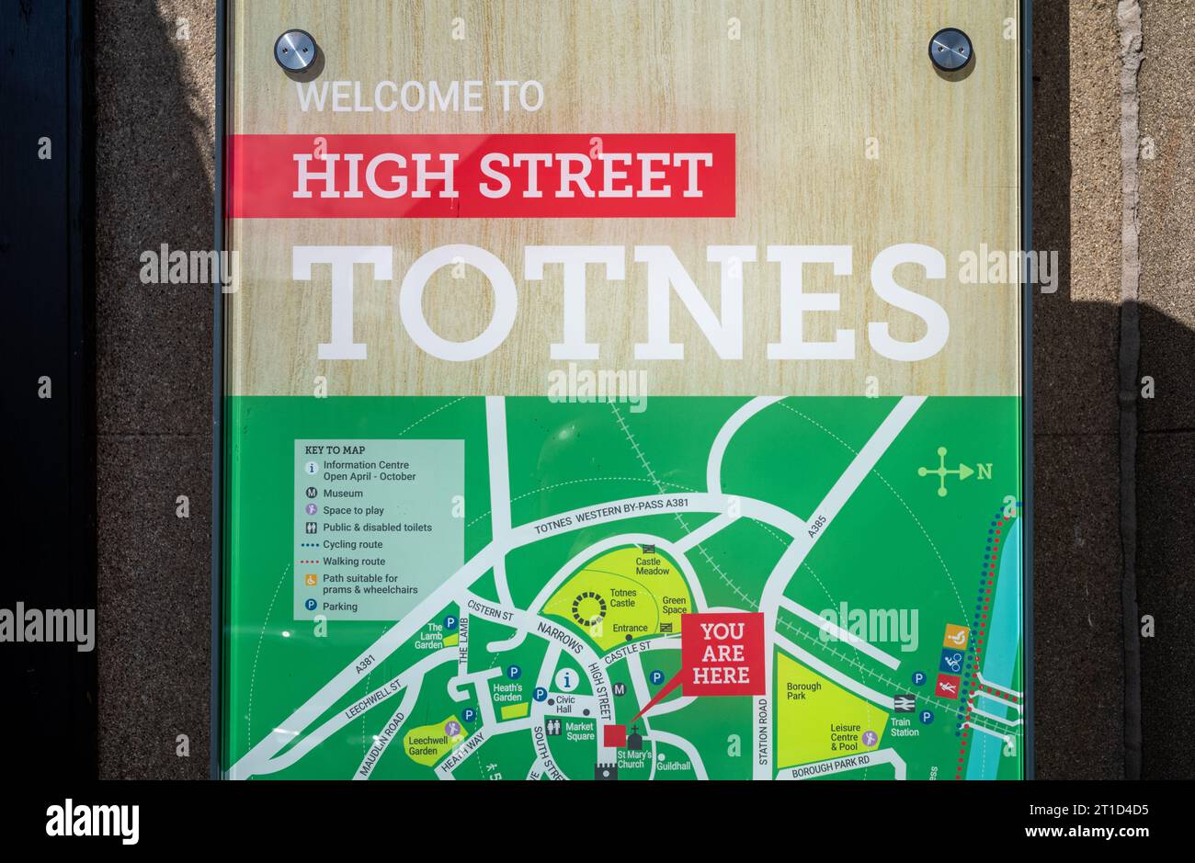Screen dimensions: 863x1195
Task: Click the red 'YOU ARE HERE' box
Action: (722, 653)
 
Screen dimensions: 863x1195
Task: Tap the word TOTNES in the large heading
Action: (620, 303)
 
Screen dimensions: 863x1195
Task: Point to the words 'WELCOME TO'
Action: (420, 97)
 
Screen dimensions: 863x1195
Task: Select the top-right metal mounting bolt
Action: (950, 49)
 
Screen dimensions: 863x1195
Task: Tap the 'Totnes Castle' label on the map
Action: (622, 598)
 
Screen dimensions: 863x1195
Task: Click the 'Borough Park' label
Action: (803, 691)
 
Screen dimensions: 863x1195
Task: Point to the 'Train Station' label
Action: (905, 727)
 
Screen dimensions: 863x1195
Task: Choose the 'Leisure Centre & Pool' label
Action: (845, 734)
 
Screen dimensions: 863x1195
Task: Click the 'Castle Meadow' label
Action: (653, 565)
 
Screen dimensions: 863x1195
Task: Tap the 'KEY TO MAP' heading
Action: (335, 450)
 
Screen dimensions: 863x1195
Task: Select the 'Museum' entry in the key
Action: (342, 494)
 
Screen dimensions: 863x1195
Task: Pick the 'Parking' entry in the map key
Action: (340, 607)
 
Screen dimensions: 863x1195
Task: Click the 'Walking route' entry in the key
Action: (354, 562)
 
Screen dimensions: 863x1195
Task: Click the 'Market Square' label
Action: (579, 731)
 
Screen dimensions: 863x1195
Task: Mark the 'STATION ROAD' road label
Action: (763, 732)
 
